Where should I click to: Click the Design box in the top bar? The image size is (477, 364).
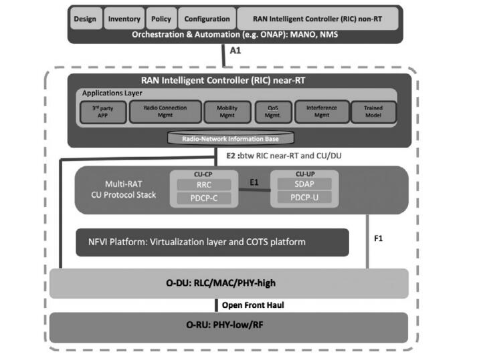[85, 19]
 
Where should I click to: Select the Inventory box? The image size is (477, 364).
[124, 19]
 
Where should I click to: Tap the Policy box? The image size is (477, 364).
[161, 19]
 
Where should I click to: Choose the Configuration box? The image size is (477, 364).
[207, 19]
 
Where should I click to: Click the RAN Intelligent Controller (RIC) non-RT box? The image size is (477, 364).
[318, 19]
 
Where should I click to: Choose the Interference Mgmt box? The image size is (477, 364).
[316, 112]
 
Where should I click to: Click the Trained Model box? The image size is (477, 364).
[373, 112]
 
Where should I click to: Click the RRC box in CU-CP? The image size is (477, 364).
[204, 185]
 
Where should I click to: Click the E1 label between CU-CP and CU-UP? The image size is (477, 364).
[254, 182]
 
